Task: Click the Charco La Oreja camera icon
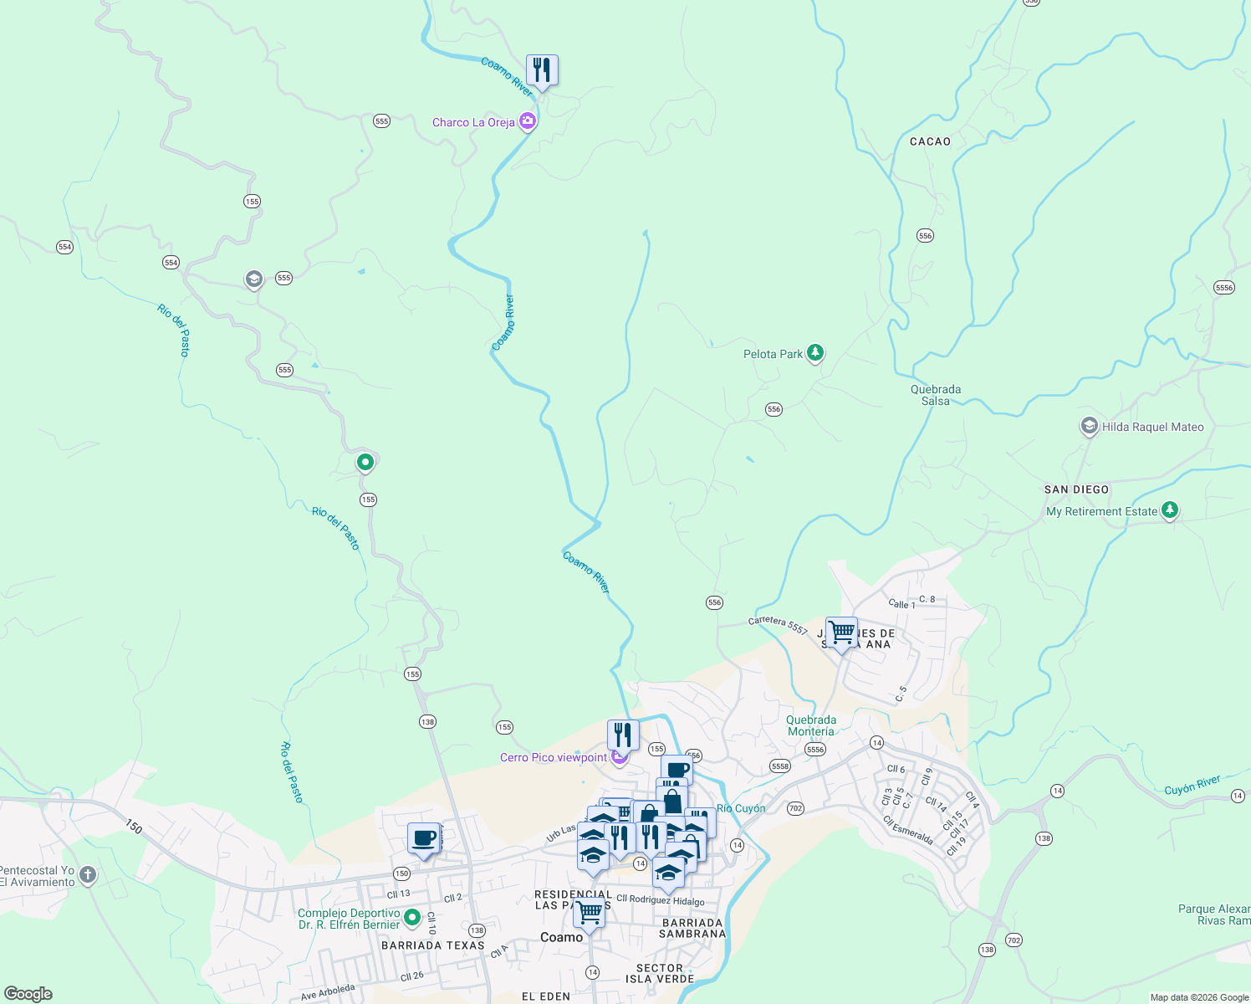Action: pos(527,122)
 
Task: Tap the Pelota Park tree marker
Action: pos(815,353)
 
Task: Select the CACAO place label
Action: pos(930,141)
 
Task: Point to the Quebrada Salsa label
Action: pos(936,395)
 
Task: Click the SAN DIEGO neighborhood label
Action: pos(1076,489)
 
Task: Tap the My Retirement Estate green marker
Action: pos(1170,510)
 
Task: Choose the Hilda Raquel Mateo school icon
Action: pos(1089,427)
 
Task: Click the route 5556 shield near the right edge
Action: pos(1223,287)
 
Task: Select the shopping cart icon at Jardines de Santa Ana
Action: pos(841,632)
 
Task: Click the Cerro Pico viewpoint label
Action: pos(554,757)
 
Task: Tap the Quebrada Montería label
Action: pos(810,725)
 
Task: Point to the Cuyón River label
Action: pos(1192,785)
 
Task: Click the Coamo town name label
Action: pos(561,937)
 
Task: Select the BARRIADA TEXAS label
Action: pos(432,945)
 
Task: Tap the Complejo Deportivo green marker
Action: pos(412,919)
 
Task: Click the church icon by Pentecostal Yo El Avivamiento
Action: pos(88,875)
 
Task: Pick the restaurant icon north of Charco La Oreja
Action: pos(542,70)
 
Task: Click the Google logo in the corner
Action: pos(28,994)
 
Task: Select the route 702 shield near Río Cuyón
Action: pos(795,808)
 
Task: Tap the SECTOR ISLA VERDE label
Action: pos(660,973)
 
